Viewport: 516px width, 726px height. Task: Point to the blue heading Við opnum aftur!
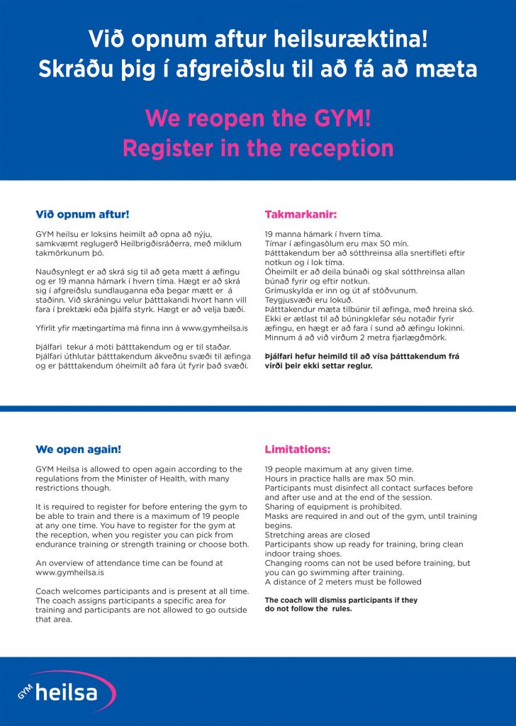pyautogui.click(x=82, y=213)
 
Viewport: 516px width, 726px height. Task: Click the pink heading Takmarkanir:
pyautogui.click(x=301, y=213)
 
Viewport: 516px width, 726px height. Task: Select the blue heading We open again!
pyautogui.click(x=78, y=449)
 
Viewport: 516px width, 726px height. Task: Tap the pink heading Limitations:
pyautogui.click(x=298, y=449)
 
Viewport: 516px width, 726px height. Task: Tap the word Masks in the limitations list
pyautogui.click(x=276, y=516)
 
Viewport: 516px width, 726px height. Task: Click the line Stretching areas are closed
pyautogui.click(x=317, y=535)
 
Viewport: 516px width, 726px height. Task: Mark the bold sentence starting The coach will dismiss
pyautogui.click(x=340, y=604)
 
